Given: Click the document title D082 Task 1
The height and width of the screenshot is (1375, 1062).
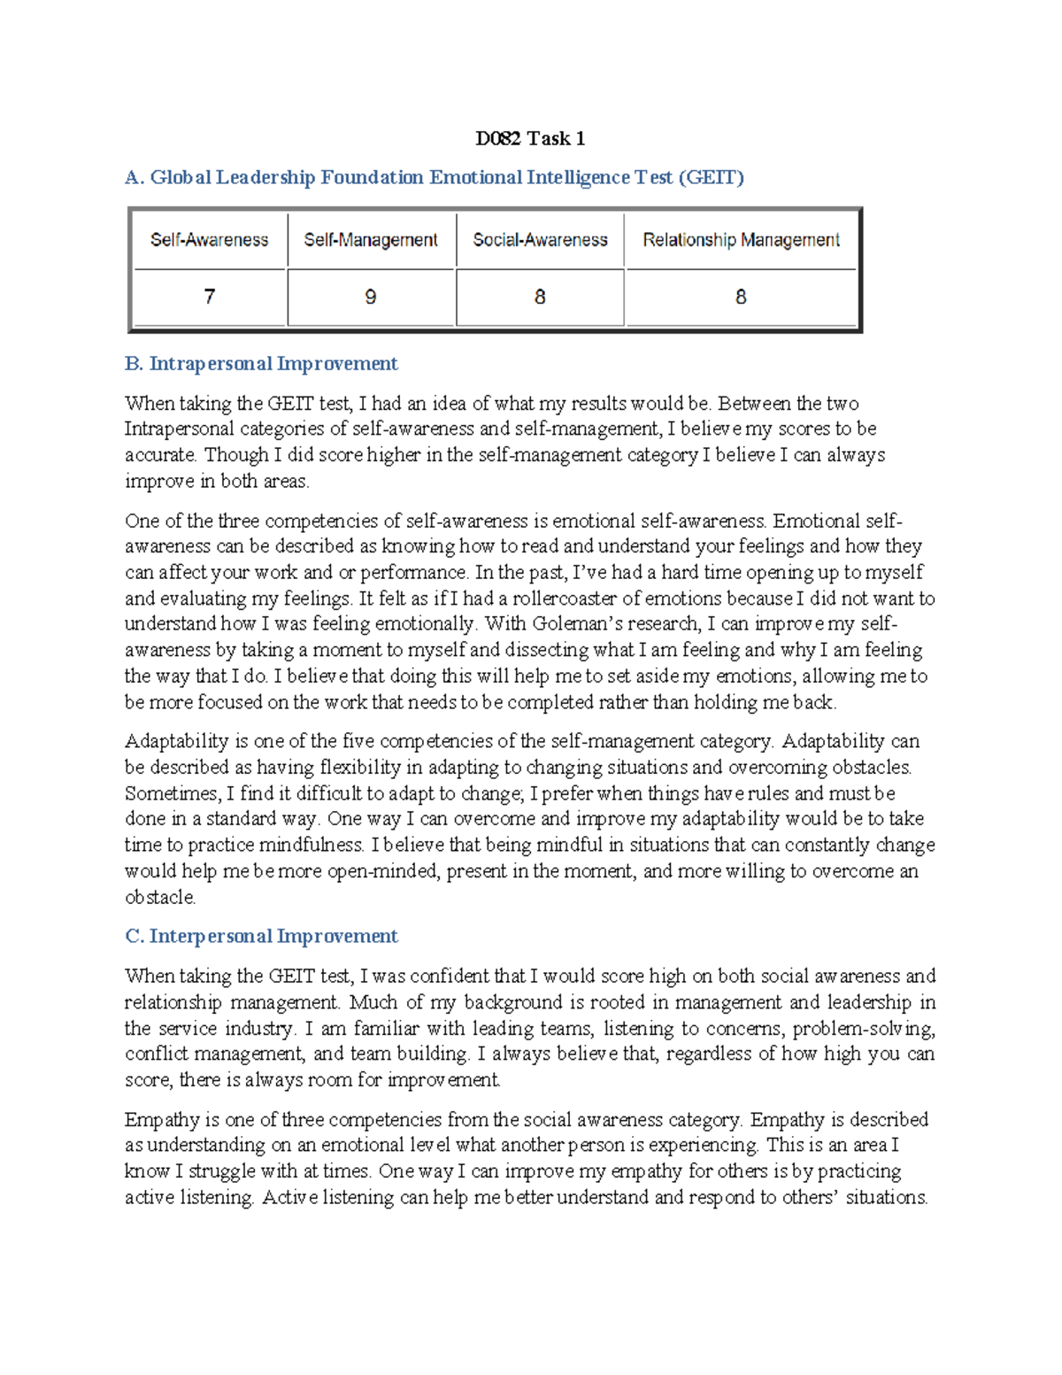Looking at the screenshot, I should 529,138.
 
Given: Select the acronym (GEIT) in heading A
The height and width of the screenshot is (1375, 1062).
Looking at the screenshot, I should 711,178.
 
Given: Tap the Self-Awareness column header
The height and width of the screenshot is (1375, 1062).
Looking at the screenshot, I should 209,240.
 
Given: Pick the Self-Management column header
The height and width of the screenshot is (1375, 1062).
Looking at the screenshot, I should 371,240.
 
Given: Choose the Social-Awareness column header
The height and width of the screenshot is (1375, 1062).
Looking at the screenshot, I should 540,240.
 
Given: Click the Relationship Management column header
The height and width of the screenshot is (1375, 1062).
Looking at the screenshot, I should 741,240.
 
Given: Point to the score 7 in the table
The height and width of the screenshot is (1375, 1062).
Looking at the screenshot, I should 210,297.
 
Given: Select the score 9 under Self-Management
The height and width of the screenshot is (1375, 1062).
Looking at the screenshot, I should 371,297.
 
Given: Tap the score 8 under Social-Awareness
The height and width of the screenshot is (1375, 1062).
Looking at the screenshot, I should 540,297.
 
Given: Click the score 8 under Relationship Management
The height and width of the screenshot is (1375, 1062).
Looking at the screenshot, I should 741,297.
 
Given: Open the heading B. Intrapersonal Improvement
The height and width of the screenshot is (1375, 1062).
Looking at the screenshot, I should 261,364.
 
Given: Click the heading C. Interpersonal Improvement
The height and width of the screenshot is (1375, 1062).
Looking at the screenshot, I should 261,937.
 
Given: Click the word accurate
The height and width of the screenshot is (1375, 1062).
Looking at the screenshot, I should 160,456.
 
